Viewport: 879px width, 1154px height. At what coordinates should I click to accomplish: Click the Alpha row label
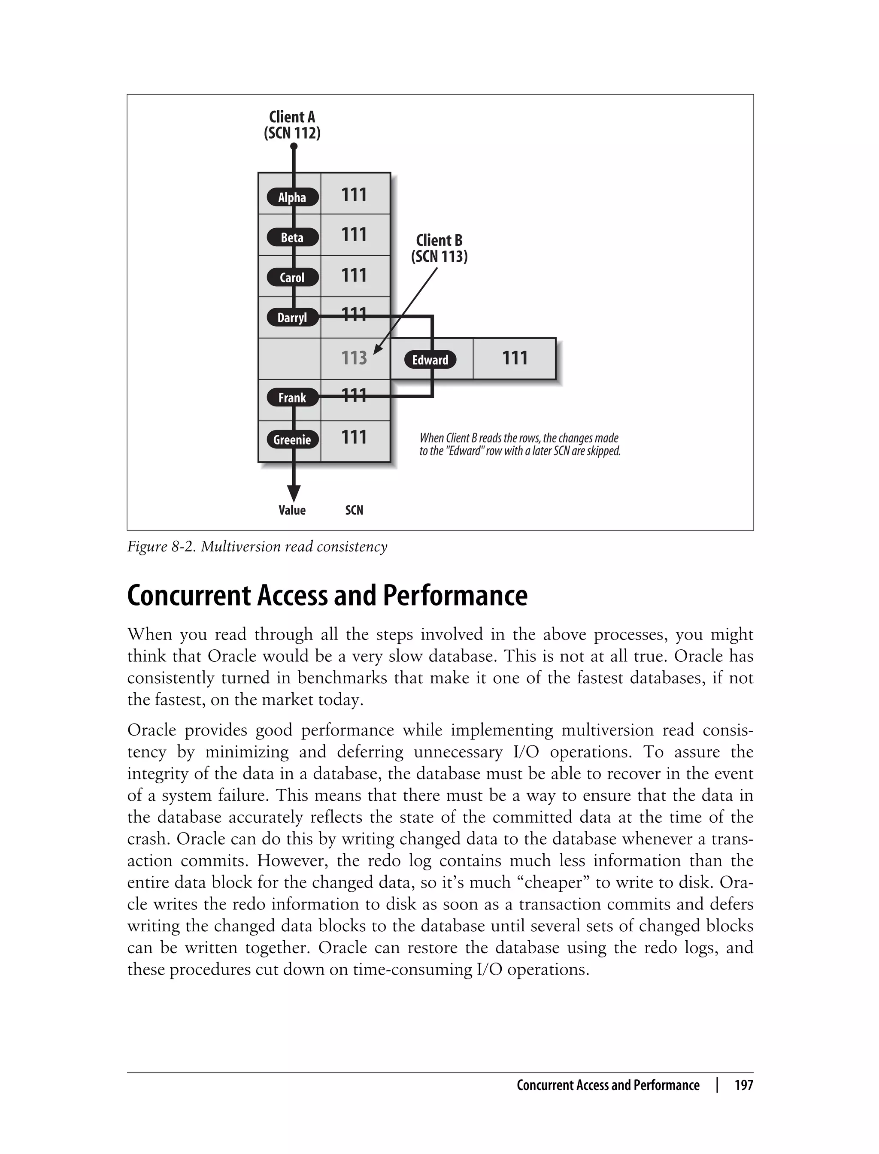tap(292, 197)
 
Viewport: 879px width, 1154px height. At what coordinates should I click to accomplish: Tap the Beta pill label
tap(292, 237)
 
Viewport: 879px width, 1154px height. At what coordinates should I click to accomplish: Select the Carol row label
tap(292, 277)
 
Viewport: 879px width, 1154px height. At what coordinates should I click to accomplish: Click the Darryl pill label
tap(292, 318)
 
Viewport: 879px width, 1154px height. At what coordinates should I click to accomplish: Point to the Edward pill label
tap(430, 360)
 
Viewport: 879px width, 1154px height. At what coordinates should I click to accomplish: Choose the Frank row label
tap(292, 397)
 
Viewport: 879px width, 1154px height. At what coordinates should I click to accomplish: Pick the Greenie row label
tap(292, 439)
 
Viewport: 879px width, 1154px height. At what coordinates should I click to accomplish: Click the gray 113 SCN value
tap(354, 358)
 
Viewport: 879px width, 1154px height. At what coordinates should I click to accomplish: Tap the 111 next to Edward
tap(515, 358)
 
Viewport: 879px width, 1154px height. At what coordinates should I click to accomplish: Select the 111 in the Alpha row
tap(354, 195)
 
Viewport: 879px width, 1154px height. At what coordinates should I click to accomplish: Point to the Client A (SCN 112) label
tap(292, 125)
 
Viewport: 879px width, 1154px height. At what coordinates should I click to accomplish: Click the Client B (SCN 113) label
tap(439, 248)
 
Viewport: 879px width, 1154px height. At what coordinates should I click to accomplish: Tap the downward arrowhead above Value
tap(294, 493)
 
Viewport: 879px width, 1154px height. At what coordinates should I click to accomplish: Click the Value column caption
tap(292, 510)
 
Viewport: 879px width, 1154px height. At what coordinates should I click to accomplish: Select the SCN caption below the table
tap(354, 510)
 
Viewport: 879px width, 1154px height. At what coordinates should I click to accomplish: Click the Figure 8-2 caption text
tap(257, 547)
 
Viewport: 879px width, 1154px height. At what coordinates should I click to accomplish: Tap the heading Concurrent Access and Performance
tap(327, 595)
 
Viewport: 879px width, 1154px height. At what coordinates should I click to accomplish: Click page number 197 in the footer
tap(743, 1085)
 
